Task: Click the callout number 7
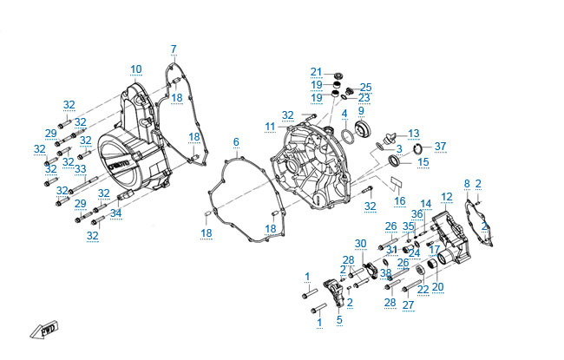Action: click(173, 48)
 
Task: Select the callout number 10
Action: click(136, 69)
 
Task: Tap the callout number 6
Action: click(235, 141)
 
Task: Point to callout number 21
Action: click(316, 71)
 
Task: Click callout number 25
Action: click(365, 87)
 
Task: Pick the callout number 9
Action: click(361, 110)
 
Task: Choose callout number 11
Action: click(270, 127)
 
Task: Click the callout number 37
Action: click(440, 146)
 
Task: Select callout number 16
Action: click(399, 200)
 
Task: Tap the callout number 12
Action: click(447, 197)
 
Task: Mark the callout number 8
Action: click(467, 183)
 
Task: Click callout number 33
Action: click(81, 168)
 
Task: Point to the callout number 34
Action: click(116, 213)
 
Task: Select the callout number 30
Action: click(361, 243)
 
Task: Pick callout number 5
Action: click(339, 320)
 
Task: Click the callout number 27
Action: click(408, 304)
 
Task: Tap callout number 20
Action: click(437, 287)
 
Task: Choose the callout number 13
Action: click(414, 133)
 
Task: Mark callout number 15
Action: click(423, 161)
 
